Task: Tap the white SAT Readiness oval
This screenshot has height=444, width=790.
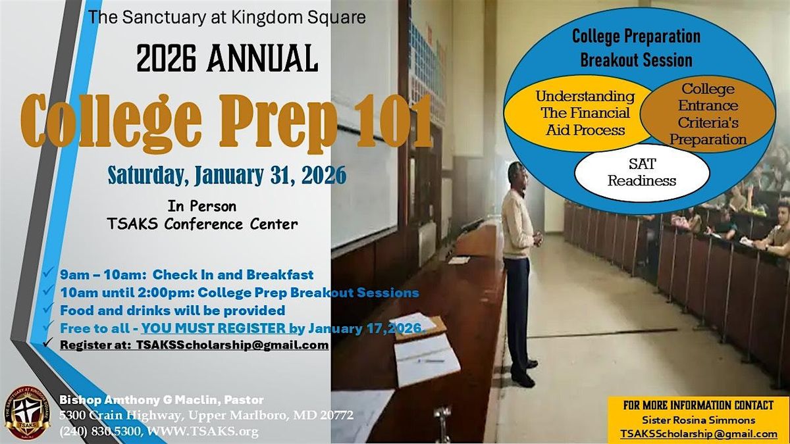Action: click(x=642, y=172)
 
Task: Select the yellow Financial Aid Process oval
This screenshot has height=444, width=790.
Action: click(x=579, y=113)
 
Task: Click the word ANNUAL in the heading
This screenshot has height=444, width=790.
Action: click(x=263, y=59)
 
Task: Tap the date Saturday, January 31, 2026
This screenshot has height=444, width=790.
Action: click(x=226, y=175)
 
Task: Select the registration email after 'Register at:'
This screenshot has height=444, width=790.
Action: click(x=233, y=345)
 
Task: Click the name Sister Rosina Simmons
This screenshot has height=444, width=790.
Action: click(x=698, y=420)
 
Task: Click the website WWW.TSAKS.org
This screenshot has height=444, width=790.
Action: click(x=203, y=431)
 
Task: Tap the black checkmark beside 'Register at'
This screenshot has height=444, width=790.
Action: click(x=48, y=342)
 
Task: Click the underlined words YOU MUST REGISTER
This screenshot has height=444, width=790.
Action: click(x=213, y=328)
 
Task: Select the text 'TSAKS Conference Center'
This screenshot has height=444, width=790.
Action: click(x=202, y=224)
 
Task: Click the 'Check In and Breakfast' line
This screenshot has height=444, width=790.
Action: click(x=233, y=274)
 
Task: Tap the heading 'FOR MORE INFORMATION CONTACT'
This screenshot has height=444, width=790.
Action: click(x=698, y=405)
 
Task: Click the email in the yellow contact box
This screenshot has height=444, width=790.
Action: click(x=699, y=433)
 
